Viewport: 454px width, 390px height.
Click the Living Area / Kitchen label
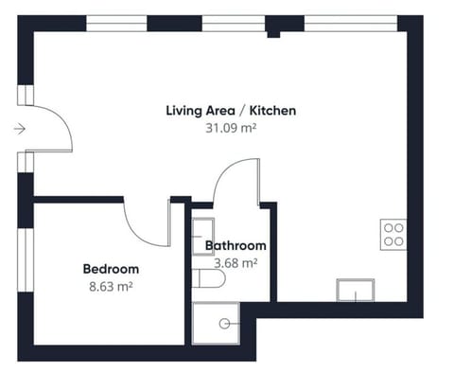[x=232, y=111]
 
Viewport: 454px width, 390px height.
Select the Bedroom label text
[x=111, y=268]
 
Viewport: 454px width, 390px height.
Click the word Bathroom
[x=236, y=246]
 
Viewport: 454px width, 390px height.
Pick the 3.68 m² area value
[x=236, y=263]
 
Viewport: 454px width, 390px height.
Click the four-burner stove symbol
[x=393, y=234]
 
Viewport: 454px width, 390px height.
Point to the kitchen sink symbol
[x=356, y=290]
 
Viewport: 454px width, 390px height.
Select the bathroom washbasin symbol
[x=202, y=236]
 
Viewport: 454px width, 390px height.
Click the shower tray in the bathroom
[x=217, y=323]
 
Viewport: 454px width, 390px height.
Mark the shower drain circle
[x=224, y=323]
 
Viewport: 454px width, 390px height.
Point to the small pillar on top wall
[x=273, y=33]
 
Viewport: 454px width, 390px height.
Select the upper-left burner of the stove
[x=388, y=228]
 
